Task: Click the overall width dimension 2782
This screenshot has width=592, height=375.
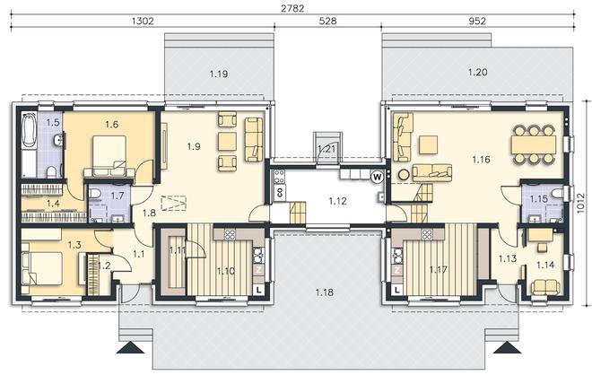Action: [x=292, y=8]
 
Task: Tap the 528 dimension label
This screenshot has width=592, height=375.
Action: [x=327, y=22]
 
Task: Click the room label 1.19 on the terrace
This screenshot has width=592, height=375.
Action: [x=219, y=74]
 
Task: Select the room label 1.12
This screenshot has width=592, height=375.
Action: [x=337, y=201]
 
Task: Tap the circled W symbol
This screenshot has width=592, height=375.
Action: [x=377, y=177]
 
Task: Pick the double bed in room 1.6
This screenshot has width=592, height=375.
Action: [x=109, y=155]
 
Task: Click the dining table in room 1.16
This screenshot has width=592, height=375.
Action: [x=533, y=144]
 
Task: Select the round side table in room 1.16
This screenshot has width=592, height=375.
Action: [x=404, y=175]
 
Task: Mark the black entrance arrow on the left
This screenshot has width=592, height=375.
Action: [x=132, y=347]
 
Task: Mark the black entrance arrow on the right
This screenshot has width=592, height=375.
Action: [x=507, y=347]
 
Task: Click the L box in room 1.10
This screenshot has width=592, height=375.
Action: [x=258, y=290]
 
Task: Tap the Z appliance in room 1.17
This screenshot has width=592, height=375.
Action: [x=396, y=270]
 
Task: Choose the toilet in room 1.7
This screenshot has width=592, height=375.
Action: [x=94, y=195]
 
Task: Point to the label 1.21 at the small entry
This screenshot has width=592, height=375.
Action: [x=327, y=149]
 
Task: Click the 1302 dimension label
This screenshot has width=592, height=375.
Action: [x=144, y=22]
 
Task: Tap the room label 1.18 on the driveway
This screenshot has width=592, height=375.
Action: [x=325, y=292]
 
